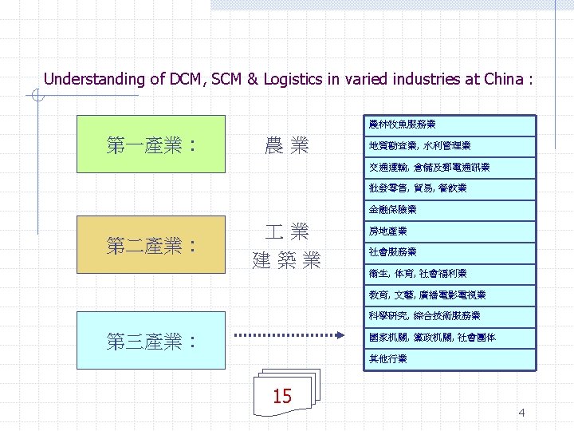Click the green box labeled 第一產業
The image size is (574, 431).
[x=152, y=144]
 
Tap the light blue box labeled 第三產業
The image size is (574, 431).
[x=152, y=342]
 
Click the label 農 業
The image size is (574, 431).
[x=286, y=145]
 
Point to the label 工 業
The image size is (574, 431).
[x=286, y=232]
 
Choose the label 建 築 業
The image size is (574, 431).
[x=286, y=260]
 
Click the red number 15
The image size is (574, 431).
[x=282, y=396]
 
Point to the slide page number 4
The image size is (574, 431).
[x=521, y=413]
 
